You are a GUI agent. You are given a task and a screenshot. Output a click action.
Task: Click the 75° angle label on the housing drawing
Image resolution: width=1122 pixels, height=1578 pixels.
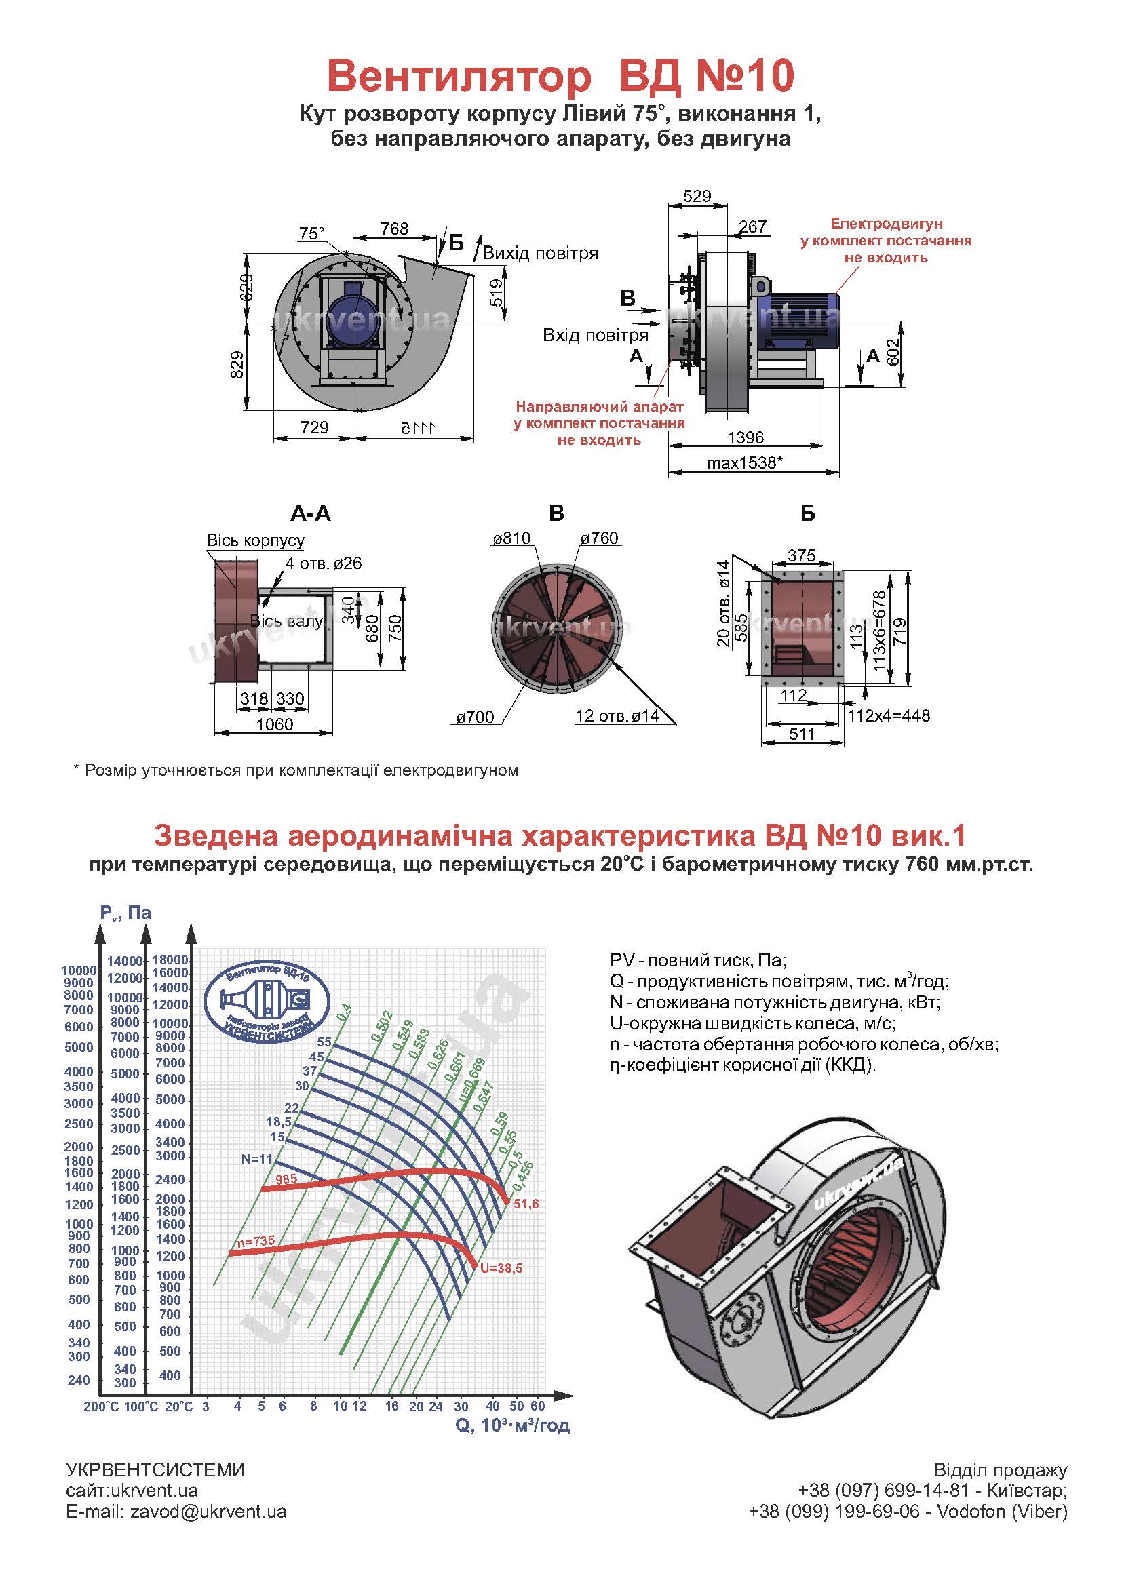pos(311,233)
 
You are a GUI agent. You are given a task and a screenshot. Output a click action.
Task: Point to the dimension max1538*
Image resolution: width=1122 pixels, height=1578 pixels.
pos(744,462)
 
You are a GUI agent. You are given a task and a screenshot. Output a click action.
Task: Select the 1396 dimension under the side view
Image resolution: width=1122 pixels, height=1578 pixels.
pos(746,438)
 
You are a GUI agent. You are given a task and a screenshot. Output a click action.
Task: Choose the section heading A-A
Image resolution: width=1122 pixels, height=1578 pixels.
pos(310,513)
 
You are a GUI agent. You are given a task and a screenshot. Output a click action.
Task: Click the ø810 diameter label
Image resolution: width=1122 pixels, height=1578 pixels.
pos(512,538)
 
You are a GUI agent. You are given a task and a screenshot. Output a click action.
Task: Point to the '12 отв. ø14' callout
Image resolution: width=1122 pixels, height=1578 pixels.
pos(617,716)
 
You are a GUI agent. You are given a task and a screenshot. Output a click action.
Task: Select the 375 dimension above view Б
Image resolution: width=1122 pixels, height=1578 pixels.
pos(801,555)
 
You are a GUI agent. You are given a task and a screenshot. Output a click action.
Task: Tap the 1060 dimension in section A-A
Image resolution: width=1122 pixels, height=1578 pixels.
pos(274,724)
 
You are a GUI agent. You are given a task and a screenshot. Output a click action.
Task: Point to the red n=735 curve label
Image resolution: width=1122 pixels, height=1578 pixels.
pos(256,1241)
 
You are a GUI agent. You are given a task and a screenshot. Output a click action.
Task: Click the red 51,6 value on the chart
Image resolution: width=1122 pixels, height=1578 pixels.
pos(526,1204)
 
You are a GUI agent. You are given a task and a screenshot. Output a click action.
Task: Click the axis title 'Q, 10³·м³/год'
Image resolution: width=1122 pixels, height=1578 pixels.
pos(512,1425)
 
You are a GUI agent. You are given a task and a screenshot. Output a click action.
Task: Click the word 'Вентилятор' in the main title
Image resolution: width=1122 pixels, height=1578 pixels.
pos(459,76)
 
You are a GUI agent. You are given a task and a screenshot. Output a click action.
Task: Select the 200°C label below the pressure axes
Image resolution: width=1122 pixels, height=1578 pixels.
pos(101,1406)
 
